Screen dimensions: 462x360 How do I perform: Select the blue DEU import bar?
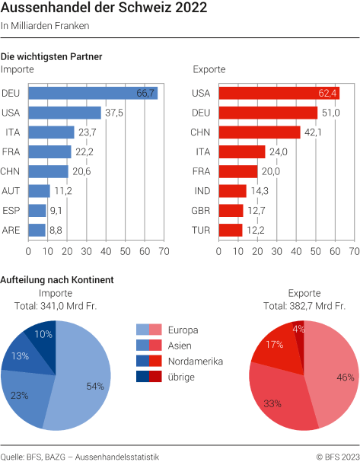(92, 93)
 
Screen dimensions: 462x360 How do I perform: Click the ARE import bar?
(37, 229)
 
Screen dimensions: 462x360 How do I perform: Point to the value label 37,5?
(115, 113)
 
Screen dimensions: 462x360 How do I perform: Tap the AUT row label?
(11, 190)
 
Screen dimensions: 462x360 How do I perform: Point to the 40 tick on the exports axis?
(297, 250)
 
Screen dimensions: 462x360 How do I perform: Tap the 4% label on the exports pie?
(298, 330)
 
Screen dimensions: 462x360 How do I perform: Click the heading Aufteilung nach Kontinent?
(57, 279)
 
